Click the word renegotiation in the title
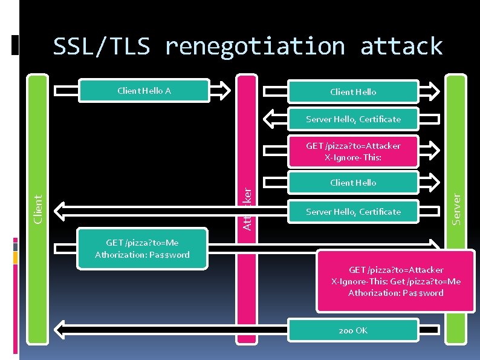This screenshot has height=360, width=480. [x=255, y=46]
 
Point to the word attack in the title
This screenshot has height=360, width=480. [x=401, y=46]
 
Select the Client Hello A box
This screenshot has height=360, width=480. [x=144, y=91]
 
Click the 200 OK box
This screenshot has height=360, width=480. [x=353, y=330]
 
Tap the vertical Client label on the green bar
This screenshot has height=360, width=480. [x=38, y=208]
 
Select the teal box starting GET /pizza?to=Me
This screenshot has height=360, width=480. [x=142, y=249]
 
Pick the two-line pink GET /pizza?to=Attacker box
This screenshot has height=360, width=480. [x=353, y=151]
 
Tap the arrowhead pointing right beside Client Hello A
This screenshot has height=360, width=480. [x=223, y=91]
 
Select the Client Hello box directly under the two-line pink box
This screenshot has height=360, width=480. [x=353, y=183]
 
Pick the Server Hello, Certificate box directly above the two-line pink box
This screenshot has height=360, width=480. [x=353, y=119]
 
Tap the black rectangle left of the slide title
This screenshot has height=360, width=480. [x=16, y=45]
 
